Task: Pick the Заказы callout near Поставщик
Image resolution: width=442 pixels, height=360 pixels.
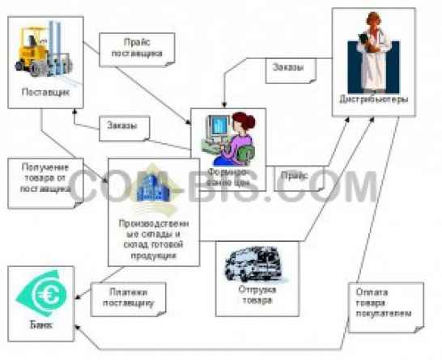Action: click(x=122, y=126)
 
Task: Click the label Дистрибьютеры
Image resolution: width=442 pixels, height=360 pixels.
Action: click(x=373, y=100)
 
